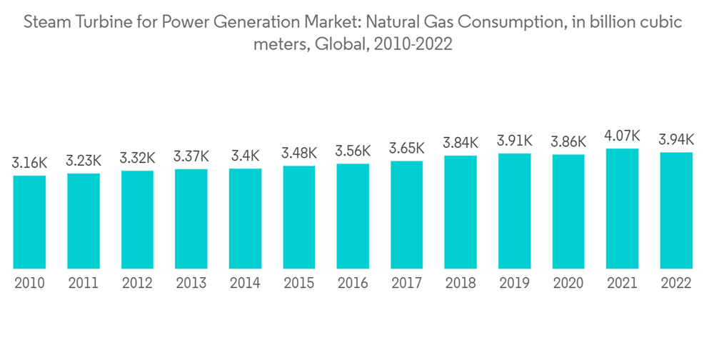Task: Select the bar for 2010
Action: click(29, 222)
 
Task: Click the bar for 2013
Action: click(191, 219)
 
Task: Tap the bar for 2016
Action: click(353, 216)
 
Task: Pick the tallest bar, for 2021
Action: click(622, 209)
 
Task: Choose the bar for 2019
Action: click(514, 211)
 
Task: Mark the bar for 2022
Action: click(676, 211)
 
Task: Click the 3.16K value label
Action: click(29, 164)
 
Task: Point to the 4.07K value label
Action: click(622, 136)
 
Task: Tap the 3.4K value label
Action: click(245, 155)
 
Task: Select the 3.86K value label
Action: click(568, 142)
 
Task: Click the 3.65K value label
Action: click(407, 149)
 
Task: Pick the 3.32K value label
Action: click(137, 158)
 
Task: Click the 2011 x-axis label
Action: click(83, 284)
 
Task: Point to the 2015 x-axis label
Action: click(298, 284)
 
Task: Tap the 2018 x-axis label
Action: click(461, 284)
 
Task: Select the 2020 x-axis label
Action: click(568, 284)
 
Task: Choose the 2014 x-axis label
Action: click(245, 284)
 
